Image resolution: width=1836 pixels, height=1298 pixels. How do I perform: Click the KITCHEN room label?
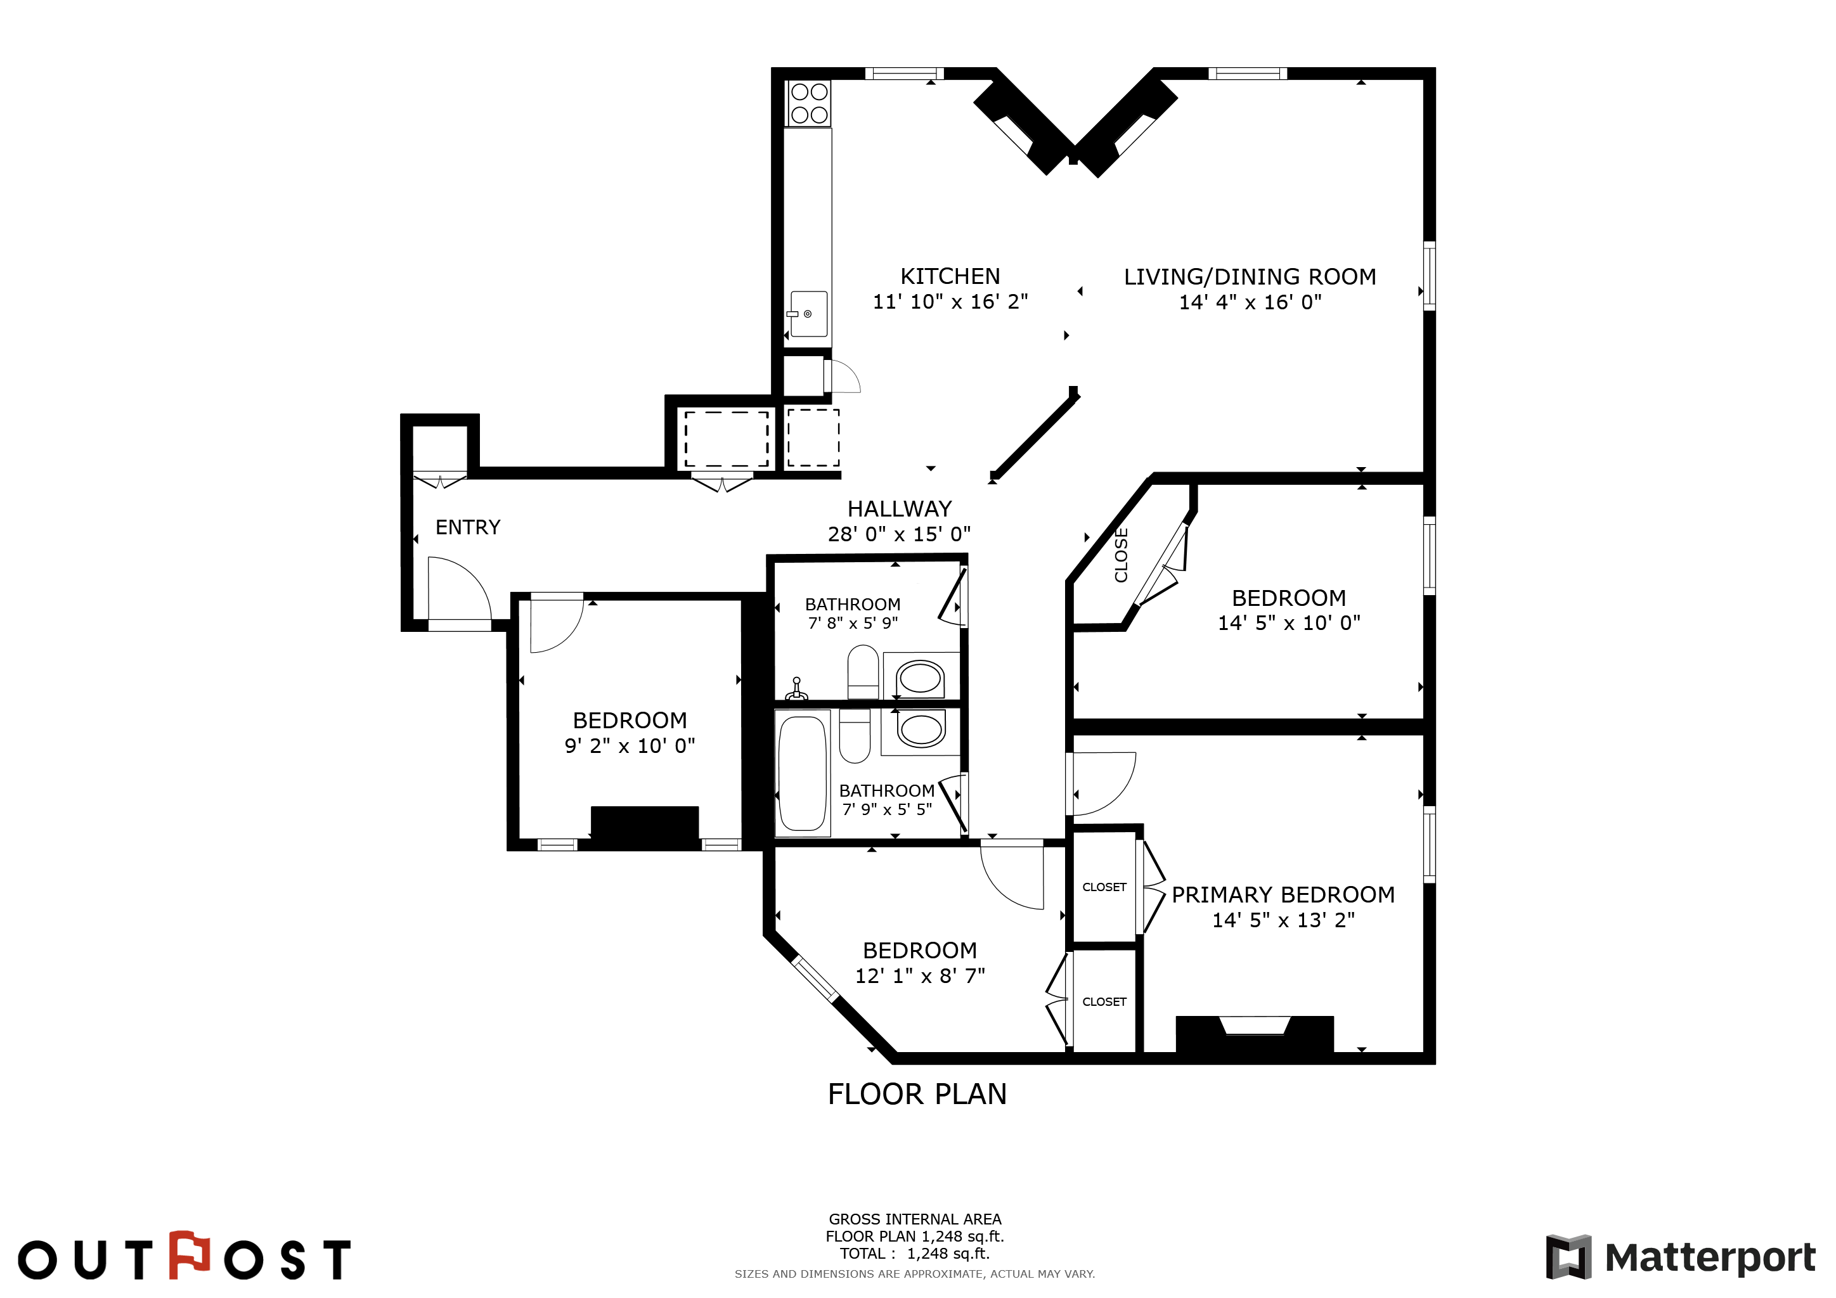click(x=950, y=276)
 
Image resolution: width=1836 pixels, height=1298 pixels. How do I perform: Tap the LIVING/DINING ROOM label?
click(x=1250, y=276)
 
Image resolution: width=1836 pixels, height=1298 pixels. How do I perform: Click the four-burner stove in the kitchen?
click(x=809, y=103)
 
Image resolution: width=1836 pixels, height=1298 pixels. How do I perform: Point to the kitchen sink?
click(x=808, y=314)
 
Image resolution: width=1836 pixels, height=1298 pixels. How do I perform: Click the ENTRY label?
click(x=468, y=527)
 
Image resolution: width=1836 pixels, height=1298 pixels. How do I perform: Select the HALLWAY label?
click(x=900, y=509)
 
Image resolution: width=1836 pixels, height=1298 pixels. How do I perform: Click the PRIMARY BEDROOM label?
click(x=1283, y=895)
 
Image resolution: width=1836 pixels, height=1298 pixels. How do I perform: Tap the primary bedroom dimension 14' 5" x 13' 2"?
click(x=1283, y=921)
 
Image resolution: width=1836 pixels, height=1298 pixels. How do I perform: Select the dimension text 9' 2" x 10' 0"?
click(x=630, y=747)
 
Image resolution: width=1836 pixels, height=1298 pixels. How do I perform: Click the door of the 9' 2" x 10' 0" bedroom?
click(x=557, y=624)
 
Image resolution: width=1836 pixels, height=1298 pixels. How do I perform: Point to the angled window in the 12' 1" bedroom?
click(x=815, y=979)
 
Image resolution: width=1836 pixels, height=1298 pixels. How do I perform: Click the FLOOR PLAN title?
click(x=917, y=1094)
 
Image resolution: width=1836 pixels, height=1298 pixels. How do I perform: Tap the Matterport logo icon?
click(x=1569, y=1257)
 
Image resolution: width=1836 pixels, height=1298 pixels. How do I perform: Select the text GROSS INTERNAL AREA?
click(x=915, y=1219)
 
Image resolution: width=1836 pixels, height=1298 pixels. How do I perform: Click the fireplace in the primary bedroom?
click(x=1255, y=1034)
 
